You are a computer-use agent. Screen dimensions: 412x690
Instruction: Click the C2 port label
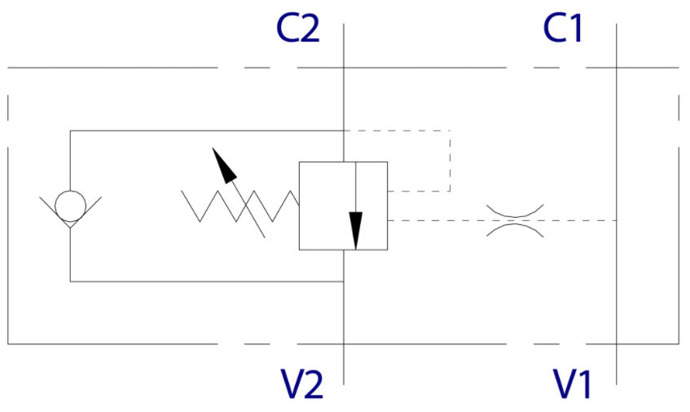pyautogui.click(x=297, y=29)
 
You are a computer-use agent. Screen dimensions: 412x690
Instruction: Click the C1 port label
pyautogui.click(x=564, y=29)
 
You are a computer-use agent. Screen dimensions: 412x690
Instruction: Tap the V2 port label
pyautogui.click(x=302, y=384)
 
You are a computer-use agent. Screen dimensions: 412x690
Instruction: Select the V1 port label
pyautogui.click(x=572, y=384)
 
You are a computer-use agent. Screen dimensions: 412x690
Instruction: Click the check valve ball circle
pyautogui.click(x=70, y=204)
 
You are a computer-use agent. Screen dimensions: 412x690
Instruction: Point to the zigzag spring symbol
pyautogui.click(x=240, y=206)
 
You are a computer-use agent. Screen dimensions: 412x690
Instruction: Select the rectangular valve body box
pyautogui.click(x=343, y=206)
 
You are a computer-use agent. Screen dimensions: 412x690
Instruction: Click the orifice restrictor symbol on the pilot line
pyautogui.click(x=514, y=220)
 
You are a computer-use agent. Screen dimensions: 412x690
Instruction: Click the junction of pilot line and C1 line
pyautogui.click(x=616, y=220)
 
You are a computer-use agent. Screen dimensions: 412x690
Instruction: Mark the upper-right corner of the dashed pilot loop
pyautogui.click(x=450, y=131)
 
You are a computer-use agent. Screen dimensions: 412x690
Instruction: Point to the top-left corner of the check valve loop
pyautogui.click(x=70, y=131)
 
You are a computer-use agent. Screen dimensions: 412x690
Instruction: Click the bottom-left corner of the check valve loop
pyautogui.click(x=70, y=281)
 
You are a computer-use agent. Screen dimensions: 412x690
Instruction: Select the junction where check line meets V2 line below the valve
pyautogui.click(x=343, y=281)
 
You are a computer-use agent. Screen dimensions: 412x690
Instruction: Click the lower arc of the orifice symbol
pyautogui.click(x=514, y=228)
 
